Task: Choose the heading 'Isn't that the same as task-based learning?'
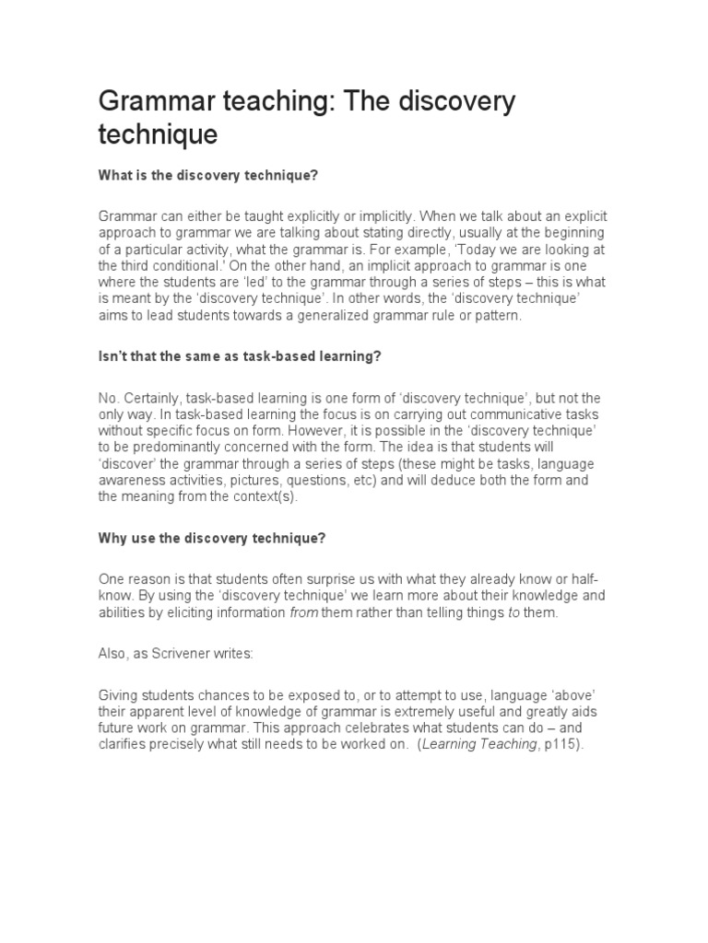(240, 356)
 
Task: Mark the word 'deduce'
(462, 480)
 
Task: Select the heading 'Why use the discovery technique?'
(213, 538)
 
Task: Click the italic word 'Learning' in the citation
(450, 744)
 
